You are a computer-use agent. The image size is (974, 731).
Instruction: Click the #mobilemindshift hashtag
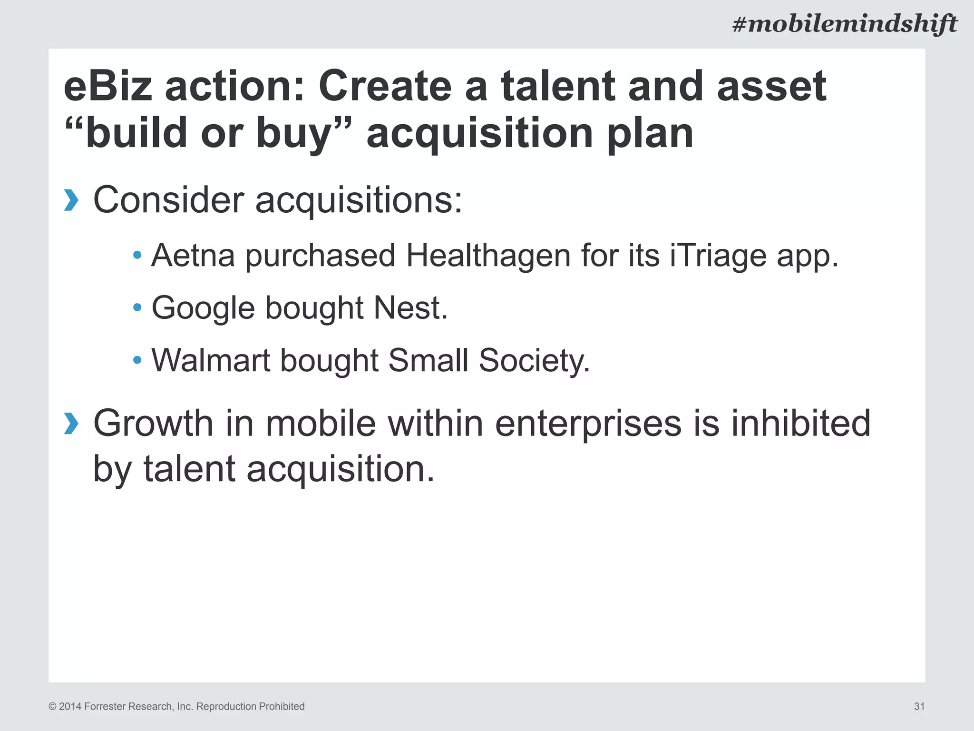[x=844, y=24]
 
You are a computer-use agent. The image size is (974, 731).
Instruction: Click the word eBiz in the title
[x=108, y=87]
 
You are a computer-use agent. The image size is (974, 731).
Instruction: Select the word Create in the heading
[x=384, y=87]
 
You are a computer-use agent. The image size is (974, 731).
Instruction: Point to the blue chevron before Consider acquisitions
[x=71, y=200]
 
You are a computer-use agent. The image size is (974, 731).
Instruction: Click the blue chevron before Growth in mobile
[x=71, y=424]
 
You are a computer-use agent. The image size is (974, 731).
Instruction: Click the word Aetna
[x=193, y=256]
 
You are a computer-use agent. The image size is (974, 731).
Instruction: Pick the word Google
[x=203, y=308]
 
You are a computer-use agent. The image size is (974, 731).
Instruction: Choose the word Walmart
[x=211, y=360]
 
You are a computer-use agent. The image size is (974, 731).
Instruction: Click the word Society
[x=534, y=360]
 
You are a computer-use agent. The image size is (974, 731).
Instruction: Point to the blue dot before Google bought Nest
[x=137, y=308]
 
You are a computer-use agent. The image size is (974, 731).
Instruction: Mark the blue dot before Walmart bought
[x=137, y=360]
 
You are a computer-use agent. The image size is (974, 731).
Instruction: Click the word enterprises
[x=588, y=424]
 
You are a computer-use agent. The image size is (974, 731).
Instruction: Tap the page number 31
[x=919, y=706]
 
